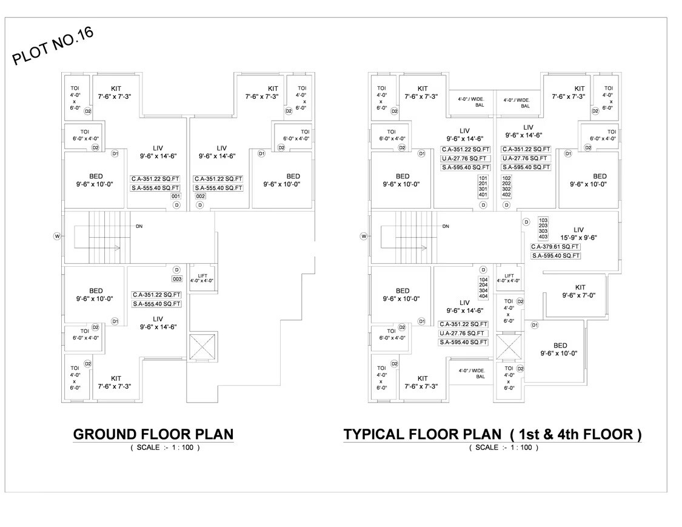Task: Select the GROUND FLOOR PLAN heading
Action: (153, 434)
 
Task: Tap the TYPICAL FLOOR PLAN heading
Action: (492, 434)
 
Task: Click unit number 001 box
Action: (176, 196)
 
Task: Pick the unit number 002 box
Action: (201, 196)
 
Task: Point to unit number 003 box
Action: (177, 279)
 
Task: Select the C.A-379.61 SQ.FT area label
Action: (555, 247)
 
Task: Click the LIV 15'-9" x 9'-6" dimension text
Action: (578, 234)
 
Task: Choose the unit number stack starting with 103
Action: (543, 229)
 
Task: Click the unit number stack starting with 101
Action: (483, 186)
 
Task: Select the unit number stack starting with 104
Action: (483, 287)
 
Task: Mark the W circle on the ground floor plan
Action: (58, 236)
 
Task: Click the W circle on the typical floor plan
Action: (364, 236)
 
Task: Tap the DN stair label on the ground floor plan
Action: (139, 226)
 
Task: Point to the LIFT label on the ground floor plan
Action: (202, 278)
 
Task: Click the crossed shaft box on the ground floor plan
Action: (202, 349)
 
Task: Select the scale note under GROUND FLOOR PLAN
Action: (164, 448)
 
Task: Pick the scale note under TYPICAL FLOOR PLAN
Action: (503, 448)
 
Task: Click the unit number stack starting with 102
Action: (507, 186)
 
